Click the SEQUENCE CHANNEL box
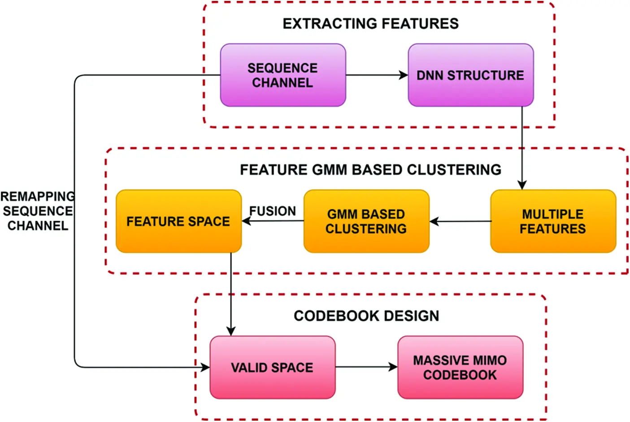pos(283,75)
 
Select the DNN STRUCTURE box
pos(470,75)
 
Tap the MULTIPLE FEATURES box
pos(553,222)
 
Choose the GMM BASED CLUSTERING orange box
pos(366,222)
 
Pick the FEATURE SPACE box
pos(178,222)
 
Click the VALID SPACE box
pos(272,368)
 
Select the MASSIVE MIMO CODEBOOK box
pos(460,368)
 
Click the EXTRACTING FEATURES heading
pos(370,24)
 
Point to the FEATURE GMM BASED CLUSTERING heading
pos(370,170)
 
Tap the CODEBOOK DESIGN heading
pos(366,316)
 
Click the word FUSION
pos(273,211)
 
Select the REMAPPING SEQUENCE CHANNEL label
pos(38,211)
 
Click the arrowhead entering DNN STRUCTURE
pos(404,75)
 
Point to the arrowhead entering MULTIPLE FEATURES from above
pos(522,185)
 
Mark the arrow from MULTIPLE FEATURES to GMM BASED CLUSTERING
pos(460,222)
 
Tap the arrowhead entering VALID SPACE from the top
pos(231,331)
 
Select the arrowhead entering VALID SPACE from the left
pos(205,368)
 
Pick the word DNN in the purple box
pos(430,75)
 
